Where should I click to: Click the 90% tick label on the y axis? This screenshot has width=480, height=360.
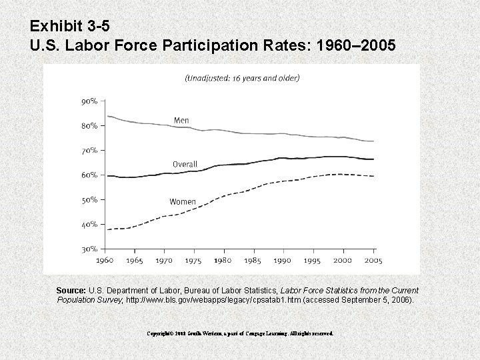(89, 101)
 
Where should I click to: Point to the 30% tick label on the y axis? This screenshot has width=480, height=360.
(89, 249)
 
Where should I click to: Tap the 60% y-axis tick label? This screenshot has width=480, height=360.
(89, 175)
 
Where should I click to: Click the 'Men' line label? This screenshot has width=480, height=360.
(181, 121)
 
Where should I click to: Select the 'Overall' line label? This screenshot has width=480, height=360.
(185, 165)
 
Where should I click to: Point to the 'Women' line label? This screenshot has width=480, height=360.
(182, 201)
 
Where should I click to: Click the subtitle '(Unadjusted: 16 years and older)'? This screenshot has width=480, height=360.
(241, 78)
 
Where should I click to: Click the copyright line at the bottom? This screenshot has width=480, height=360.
(241, 332)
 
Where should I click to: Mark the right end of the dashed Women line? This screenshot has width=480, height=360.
(372, 176)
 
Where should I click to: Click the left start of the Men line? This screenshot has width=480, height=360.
(107, 117)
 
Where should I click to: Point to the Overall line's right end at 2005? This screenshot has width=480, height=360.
(372, 159)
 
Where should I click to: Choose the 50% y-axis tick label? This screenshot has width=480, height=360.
(89, 199)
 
